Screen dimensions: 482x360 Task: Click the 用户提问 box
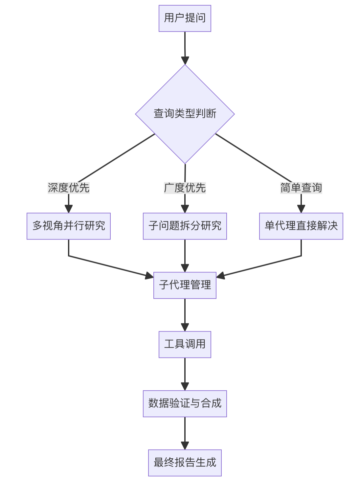[x=185, y=18]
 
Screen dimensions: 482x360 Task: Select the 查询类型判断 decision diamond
[x=185, y=114]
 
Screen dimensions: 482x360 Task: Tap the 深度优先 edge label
[x=69, y=188]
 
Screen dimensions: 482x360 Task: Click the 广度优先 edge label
[x=185, y=188]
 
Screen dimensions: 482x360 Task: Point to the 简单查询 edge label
[x=301, y=188]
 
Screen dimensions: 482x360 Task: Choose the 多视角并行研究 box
[x=69, y=226]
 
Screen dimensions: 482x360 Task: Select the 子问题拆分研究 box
[x=185, y=226]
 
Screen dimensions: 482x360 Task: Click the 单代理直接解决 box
[x=301, y=226]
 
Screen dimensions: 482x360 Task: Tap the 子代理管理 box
[x=185, y=285]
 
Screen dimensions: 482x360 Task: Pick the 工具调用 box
[x=185, y=344]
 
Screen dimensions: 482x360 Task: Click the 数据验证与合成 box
[x=185, y=404]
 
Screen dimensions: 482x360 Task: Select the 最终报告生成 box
[x=185, y=463]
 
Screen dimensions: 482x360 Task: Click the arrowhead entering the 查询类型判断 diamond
[x=185, y=60]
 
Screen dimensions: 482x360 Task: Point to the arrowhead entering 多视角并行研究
[x=69, y=209]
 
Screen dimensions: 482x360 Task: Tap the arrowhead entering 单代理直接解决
[x=301, y=209]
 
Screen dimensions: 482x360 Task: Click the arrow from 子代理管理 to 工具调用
[x=185, y=314]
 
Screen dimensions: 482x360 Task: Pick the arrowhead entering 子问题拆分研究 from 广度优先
[x=185, y=209]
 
